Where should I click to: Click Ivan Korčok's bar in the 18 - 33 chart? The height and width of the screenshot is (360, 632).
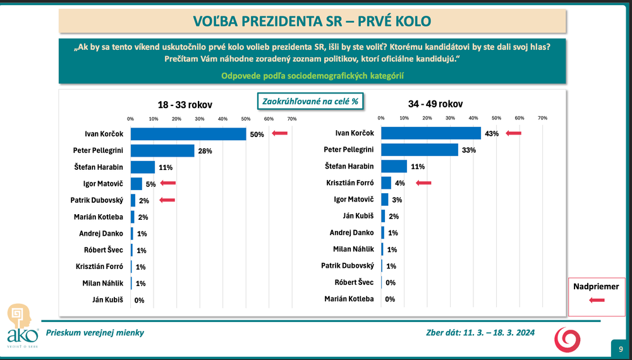tap(188, 134)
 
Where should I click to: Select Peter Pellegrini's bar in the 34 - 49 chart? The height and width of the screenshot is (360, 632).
tap(420, 150)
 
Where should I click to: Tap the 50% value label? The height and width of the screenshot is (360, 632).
tap(257, 134)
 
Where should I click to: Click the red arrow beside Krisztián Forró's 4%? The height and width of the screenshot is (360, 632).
tap(423, 183)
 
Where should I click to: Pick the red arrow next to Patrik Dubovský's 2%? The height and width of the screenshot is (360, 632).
tap(167, 200)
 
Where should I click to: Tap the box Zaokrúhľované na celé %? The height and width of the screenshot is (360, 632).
tap(310, 101)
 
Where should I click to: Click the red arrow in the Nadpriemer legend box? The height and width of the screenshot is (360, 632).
tap(597, 301)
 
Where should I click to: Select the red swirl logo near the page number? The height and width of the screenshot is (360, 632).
tap(566, 339)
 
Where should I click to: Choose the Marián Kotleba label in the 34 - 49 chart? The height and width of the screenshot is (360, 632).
tap(348, 299)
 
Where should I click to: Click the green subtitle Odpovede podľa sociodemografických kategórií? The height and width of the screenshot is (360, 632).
tap(312, 76)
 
